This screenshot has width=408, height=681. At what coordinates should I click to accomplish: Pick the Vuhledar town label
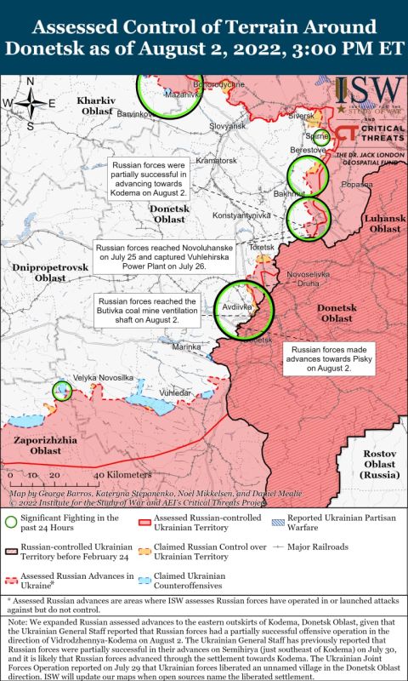[186, 393]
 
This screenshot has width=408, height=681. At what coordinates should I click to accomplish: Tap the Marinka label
[186, 346]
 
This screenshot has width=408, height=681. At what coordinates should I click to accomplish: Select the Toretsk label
[263, 247]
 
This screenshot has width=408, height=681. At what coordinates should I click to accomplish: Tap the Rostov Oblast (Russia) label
[379, 464]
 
